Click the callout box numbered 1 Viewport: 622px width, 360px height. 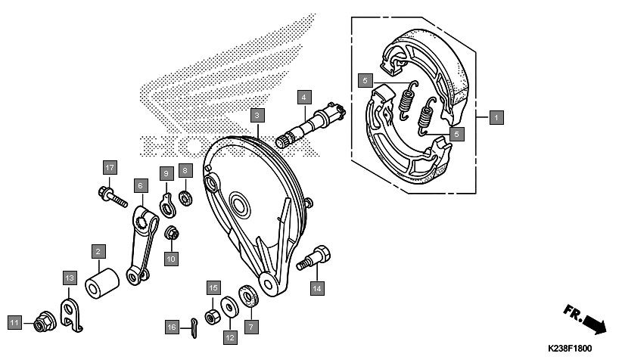[496, 117]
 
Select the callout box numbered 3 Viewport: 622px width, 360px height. [258, 116]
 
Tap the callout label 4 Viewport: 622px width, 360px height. [303, 98]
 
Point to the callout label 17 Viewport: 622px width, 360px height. [110, 167]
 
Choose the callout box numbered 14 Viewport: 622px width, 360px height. [317, 287]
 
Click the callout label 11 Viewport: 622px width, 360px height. [14, 323]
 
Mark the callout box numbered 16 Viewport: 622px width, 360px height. [173, 327]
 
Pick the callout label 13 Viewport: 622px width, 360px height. [69, 278]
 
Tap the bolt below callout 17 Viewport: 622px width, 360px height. [110, 197]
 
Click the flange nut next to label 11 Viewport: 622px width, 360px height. [40, 324]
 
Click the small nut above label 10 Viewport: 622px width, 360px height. [172, 234]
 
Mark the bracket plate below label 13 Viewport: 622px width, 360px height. [70, 312]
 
